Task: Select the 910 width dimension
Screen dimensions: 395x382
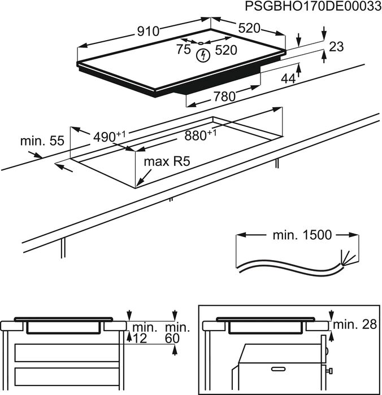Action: (x=147, y=32)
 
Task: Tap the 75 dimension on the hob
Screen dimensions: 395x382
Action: (x=183, y=50)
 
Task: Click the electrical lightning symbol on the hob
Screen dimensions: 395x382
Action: (x=202, y=55)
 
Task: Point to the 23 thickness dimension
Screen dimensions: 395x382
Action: (x=336, y=47)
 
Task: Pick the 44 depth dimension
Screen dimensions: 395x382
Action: (x=288, y=80)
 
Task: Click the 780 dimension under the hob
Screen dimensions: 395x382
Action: (x=224, y=96)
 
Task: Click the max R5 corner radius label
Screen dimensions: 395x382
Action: (x=166, y=162)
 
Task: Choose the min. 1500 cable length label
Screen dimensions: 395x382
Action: (x=297, y=235)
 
